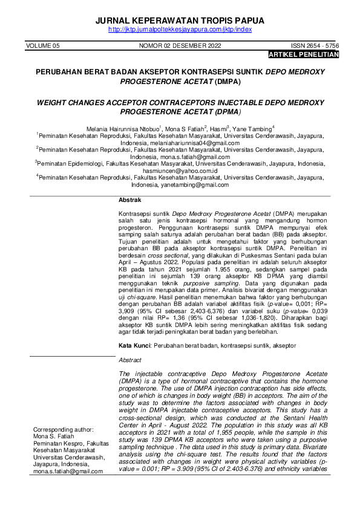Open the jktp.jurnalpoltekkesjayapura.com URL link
point(180,30)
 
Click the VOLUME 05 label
point(43,46)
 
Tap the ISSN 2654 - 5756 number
point(315,46)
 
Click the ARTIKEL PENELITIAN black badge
point(303,54)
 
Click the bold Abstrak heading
point(129,199)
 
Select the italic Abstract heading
point(130,360)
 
